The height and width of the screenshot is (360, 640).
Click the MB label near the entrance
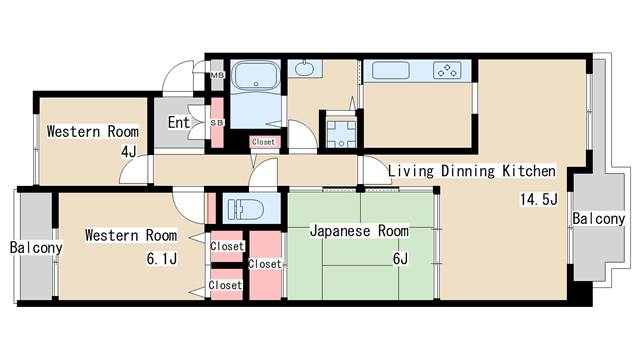click(217, 76)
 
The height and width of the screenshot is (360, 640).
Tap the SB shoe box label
click(217, 122)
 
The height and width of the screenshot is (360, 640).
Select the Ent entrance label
click(179, 122)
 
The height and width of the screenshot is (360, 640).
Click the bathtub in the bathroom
click(256, 76)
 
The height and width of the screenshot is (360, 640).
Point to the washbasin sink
click(303, 68)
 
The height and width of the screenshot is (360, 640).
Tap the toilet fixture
click(245, 209)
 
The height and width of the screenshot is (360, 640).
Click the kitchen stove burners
click(447, 70)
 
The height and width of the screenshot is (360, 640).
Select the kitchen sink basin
click(390, 70)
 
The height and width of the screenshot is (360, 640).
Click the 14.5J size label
click(538, 199)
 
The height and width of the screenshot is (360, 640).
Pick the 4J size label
click(129, 152)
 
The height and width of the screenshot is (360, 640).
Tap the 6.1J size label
click(162, 259)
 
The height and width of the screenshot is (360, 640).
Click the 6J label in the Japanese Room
click(400, 258)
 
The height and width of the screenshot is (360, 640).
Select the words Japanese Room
click(359, 231)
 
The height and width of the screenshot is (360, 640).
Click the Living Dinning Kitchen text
click(471, 171)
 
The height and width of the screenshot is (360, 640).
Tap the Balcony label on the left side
click(36, 247)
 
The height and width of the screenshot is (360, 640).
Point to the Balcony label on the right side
click(598, 219)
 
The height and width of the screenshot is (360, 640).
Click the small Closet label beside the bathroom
click(263, 142)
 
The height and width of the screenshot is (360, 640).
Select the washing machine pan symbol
click(341, 133)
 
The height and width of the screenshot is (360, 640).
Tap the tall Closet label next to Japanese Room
click(265, 264)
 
